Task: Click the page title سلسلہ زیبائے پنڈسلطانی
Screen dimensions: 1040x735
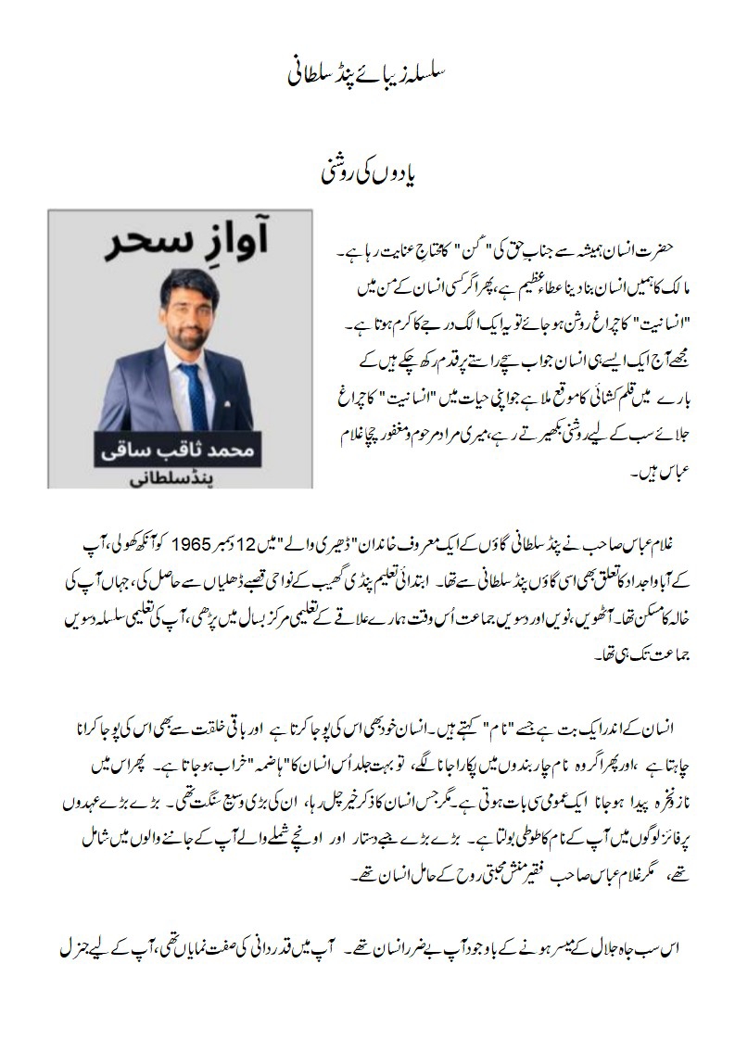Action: click(367, 75)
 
